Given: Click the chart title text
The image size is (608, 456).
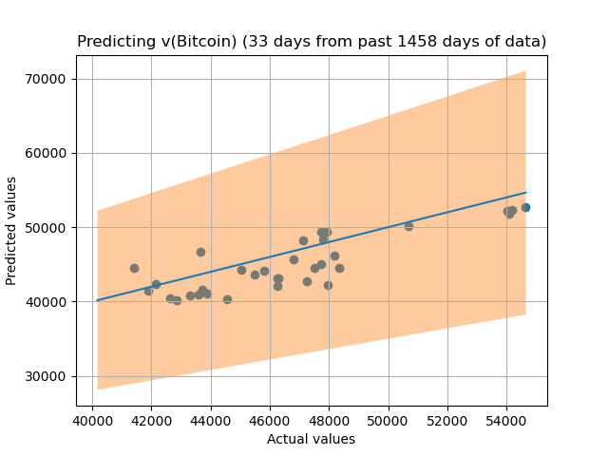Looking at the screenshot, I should coord(312,42).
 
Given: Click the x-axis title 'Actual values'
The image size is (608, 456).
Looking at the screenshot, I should coord(311,439).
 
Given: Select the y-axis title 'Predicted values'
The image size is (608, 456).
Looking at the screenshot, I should coord(12,230).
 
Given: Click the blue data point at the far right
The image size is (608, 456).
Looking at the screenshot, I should coord(525,207).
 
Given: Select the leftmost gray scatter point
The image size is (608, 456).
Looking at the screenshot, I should coord(134,268).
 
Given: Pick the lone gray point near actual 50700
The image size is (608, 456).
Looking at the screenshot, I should coord(408,226).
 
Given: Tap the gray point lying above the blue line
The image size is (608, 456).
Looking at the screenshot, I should coord(200,252).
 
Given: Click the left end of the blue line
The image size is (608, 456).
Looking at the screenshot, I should coord(98,300).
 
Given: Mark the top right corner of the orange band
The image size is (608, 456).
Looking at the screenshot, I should coord(524,71).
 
